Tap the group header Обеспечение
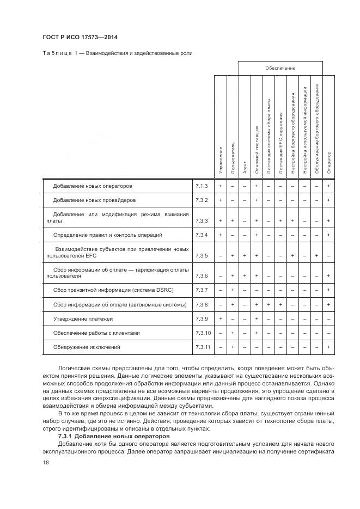point(280,68)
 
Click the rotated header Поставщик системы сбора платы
point(269,140)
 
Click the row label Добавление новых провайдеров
point(94,200)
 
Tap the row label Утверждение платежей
point(83,318)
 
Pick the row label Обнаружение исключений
point(86,347)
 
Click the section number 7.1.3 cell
point(202,186)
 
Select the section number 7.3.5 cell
point(202,255)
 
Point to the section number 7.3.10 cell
point(202,333)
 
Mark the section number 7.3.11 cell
point(202,347)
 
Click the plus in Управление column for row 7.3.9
point(220,318)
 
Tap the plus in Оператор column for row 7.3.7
point(328,290)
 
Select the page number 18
point(46,462)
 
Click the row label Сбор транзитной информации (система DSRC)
point(114,290)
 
